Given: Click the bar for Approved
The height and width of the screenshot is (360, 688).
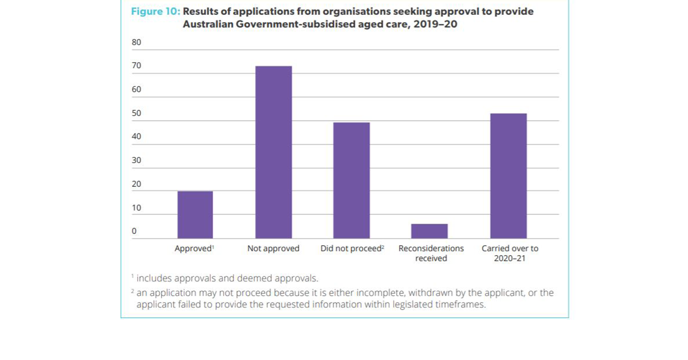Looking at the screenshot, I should tap(195, 214).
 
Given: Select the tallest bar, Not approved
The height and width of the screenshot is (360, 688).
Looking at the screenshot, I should tap(273, 152).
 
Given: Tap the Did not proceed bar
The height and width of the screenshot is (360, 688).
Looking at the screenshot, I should tap(351, 180).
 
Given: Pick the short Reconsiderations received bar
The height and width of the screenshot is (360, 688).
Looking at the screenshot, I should tap(429, 231).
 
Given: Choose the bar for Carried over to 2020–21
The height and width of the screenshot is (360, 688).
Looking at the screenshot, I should tap(508, 175).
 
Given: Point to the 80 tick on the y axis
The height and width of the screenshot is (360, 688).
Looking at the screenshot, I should tap(136, 42).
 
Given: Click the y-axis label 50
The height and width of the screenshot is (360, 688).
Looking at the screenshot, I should tap(136, 114).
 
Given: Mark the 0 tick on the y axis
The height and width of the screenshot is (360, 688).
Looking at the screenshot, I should tap(134, 232).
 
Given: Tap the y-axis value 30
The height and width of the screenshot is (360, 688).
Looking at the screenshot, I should tap(136, 161).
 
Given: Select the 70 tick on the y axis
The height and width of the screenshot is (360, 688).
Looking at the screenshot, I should tap(136, 66).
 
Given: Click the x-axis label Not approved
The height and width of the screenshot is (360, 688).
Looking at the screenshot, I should tap(273, 249).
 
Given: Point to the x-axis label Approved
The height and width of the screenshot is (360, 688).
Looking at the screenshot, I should tap(194, 249).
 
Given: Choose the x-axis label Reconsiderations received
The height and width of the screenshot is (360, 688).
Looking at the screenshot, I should tap(431, 253).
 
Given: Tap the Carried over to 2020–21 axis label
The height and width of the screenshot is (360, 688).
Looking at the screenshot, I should tap(510, 253).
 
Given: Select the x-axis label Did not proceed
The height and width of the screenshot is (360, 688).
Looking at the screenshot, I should tap(351, 249).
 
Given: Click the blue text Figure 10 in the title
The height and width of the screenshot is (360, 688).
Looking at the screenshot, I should tap(156, 12).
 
